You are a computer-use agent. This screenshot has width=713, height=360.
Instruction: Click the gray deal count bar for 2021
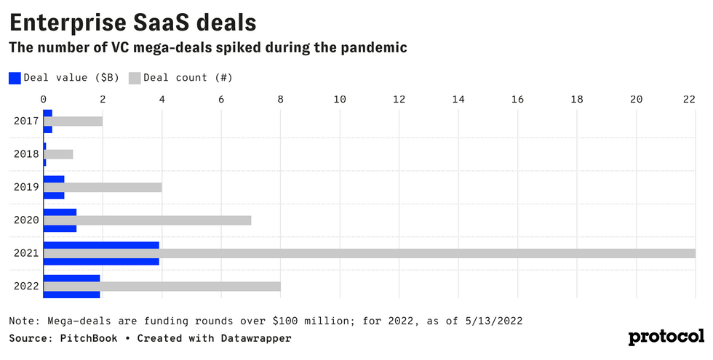pos(370,253)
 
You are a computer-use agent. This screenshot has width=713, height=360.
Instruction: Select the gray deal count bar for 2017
pos(73,121)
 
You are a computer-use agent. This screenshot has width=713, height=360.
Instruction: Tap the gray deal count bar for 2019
pos(103,188)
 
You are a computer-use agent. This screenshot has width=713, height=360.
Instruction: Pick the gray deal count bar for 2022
pos(162,286)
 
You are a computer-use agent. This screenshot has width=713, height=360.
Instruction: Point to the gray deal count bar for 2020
pos(147,220)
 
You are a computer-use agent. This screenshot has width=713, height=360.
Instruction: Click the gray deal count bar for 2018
pos(58,154)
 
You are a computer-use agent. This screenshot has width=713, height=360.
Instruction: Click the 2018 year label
pos(25,154)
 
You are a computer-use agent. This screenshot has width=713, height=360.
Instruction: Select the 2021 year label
pos(25,253)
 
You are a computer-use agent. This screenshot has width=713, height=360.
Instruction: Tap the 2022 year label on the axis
pos(25,286)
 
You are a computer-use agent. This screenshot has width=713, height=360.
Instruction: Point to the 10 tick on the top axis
pos(340,99)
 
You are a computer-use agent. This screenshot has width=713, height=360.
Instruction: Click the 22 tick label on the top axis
pos(689,99)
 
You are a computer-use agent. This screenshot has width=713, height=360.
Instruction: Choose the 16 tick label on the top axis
pos(517,99)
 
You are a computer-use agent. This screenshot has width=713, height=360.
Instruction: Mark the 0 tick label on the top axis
pos(44,99)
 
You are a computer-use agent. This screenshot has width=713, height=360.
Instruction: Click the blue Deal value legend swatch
pos(15,77)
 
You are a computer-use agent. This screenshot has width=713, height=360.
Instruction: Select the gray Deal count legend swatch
pos(135,77)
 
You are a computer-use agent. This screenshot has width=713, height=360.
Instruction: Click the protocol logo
pos(666,337)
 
